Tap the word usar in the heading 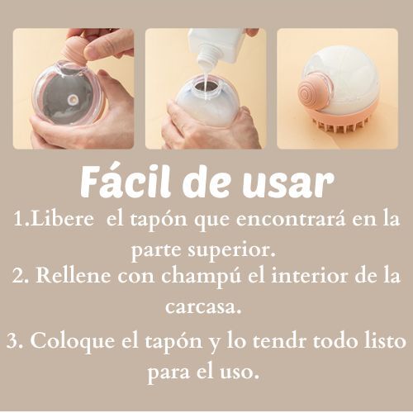pyautogui.click(x=288, y=184)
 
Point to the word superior pyautogui.click(x=235, y=250)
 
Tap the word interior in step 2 pyautogui.click(x=309, y=276)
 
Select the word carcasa pyautogui.click(x=203, y=306)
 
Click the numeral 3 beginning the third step pyautogui.click(x=12, y=341)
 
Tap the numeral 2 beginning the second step pyautogui.click(x=18, y=276)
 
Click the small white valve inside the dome pyautogui.click(x=74, y=99)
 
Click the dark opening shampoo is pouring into pyautogui.click(x=206, y=86)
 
